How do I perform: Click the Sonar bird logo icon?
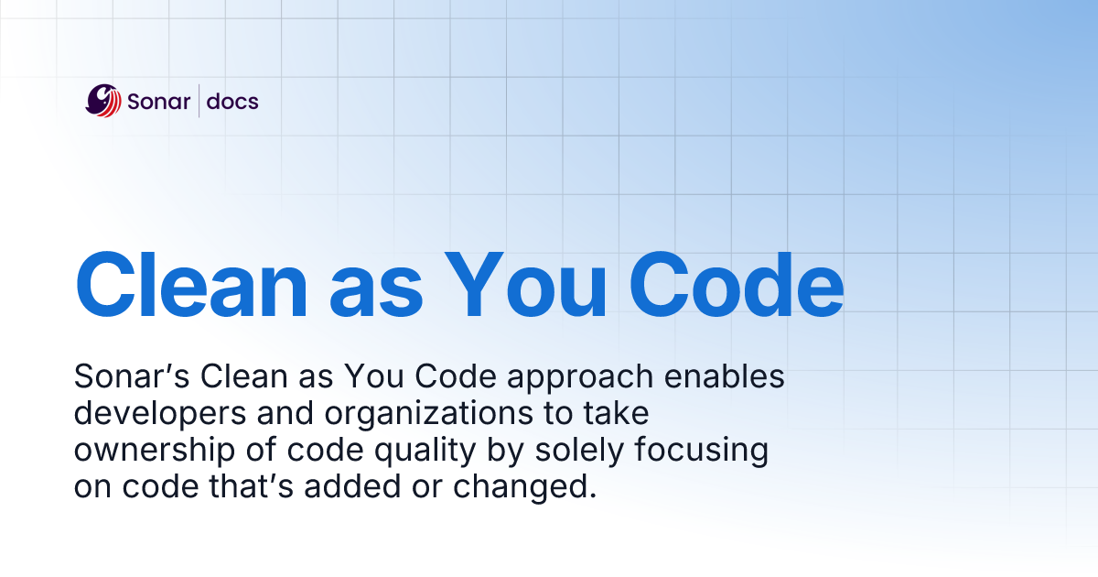point(103,101)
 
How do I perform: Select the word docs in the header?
point(232,101)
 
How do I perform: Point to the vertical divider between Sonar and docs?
point(199,101)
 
